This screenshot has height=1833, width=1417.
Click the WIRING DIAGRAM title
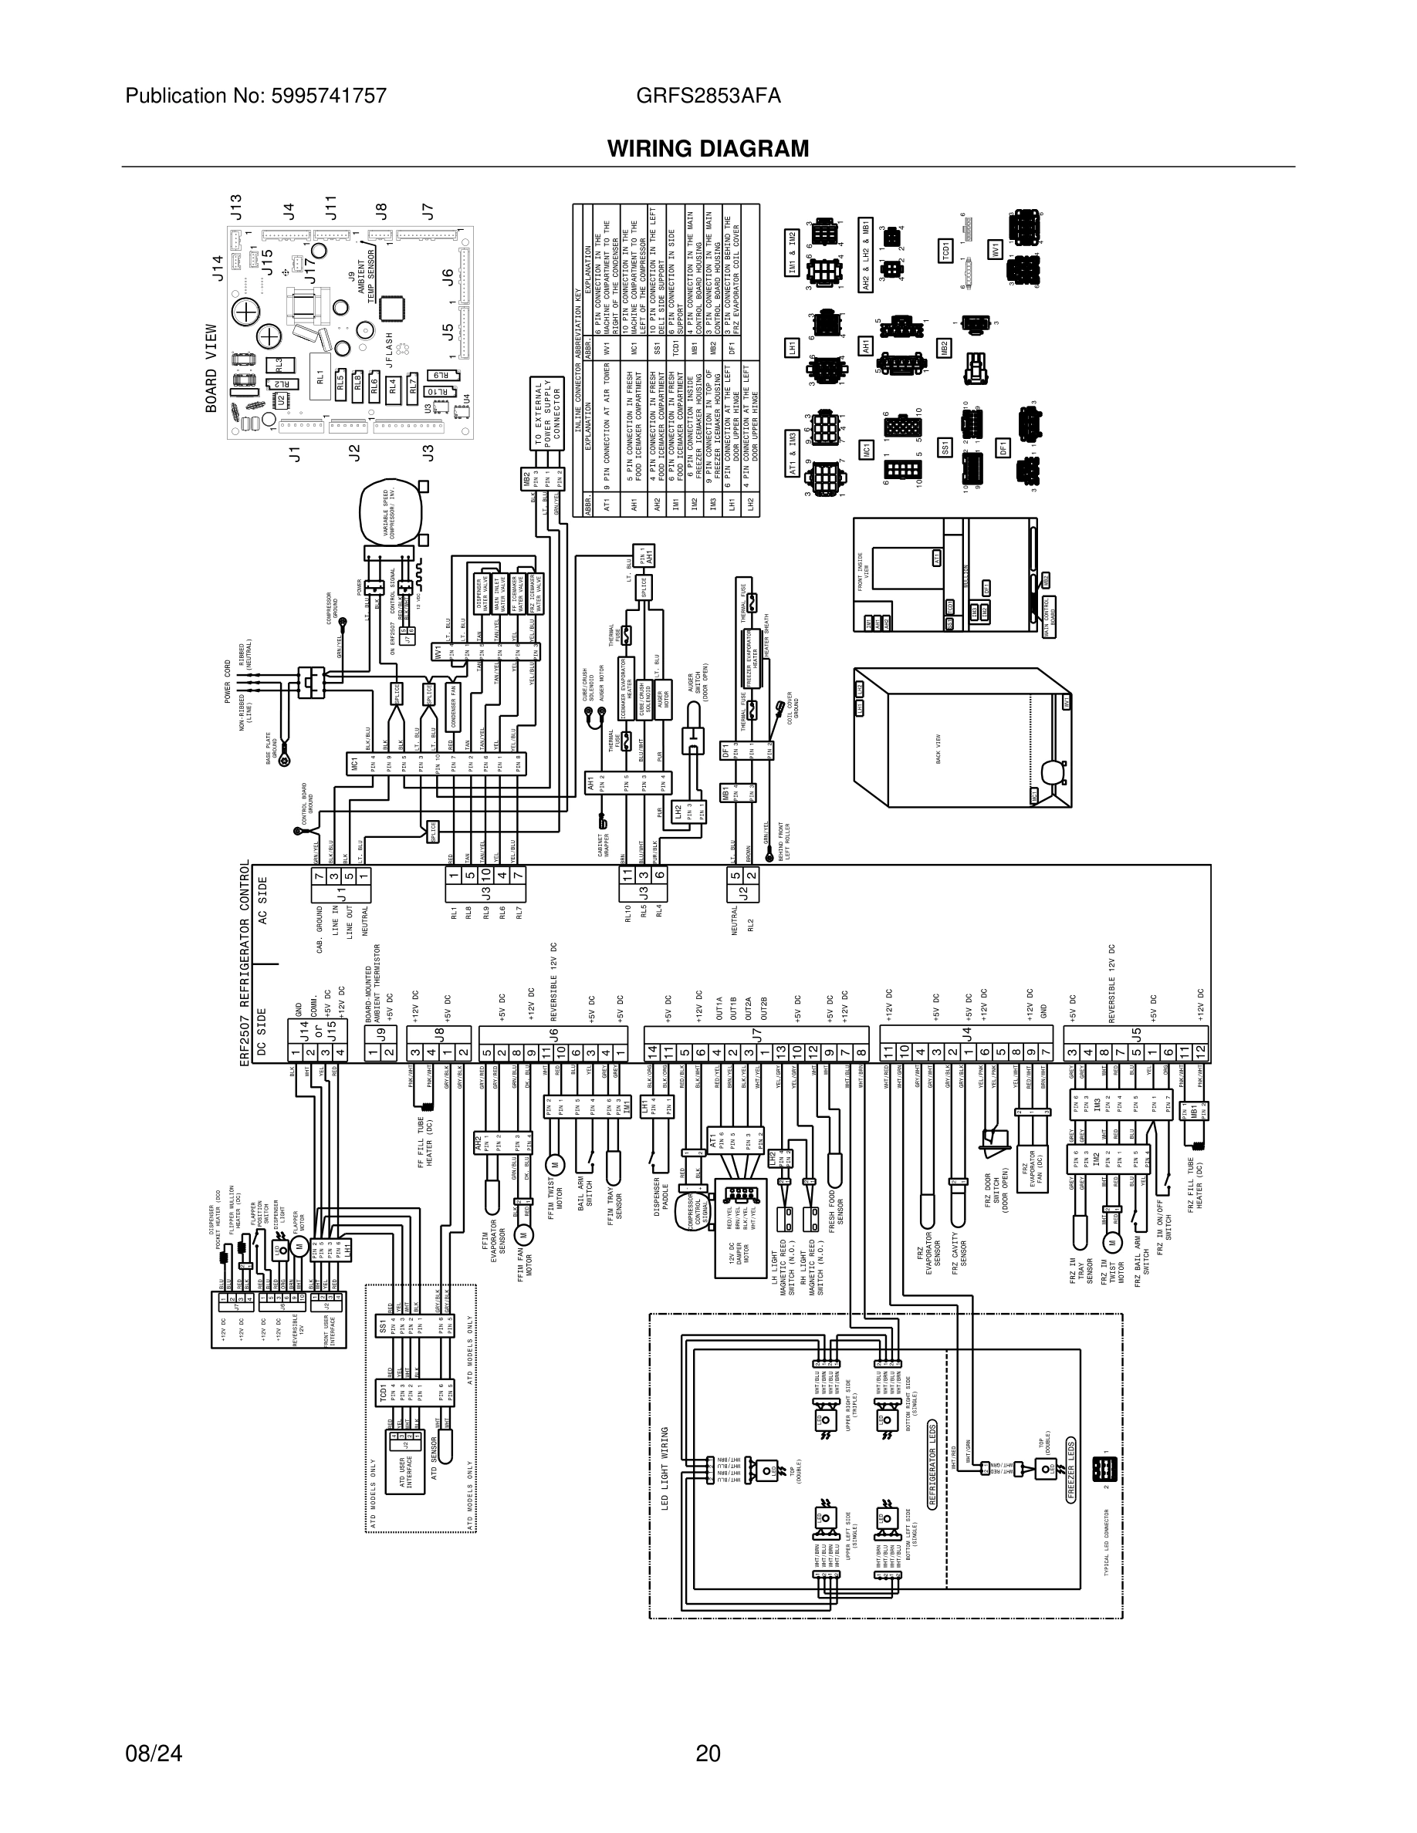click(708, 149)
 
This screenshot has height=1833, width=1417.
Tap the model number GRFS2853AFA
click(708, 96)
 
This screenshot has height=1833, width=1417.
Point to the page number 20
click(708, 1754)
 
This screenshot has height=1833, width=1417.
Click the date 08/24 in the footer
click(154, 1754)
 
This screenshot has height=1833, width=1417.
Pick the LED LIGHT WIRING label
click(665, 1468)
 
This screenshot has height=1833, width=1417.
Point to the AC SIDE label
click(262, 900)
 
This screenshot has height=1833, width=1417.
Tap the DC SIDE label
click(262, 1031)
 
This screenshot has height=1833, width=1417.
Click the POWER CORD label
click(228, 681)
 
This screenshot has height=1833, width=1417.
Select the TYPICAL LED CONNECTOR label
click(1108, 1537)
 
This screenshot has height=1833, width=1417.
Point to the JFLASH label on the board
click(389, 349)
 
